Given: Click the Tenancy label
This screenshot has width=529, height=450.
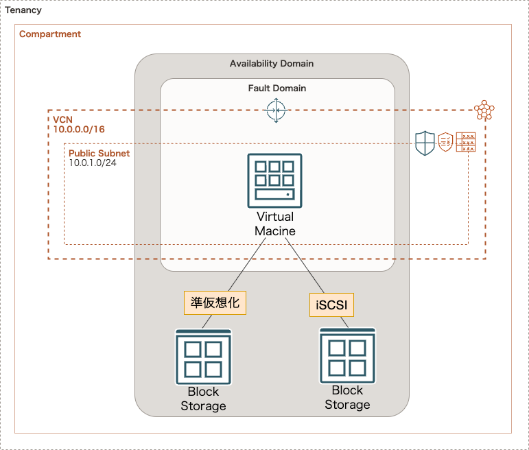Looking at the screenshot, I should tap(23, 11).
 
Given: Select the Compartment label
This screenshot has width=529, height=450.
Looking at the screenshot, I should tap(50, 34).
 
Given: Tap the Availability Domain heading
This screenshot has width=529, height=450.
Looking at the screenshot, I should tap(272, 64).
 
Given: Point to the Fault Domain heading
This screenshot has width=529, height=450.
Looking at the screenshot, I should tap(277, 88).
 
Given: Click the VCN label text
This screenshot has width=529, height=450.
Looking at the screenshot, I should tap(62, 119).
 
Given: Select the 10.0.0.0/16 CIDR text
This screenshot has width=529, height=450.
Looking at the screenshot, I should tap(79, 129).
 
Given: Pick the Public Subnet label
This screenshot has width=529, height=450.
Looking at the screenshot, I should tap(99, 153).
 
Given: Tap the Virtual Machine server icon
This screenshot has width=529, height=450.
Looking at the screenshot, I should tap(274, 180).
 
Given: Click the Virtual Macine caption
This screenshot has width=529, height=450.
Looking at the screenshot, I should tap(275, 224).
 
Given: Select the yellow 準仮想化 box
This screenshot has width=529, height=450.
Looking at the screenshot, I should tap(215, 303).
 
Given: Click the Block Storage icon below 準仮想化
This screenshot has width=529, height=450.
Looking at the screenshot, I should tap(203, 357).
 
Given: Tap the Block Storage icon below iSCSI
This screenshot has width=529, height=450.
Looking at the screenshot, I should tap(347, 355).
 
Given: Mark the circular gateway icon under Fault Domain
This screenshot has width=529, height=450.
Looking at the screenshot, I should tap(276, 110).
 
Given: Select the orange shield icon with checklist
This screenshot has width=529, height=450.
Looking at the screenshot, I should tap(445, 143).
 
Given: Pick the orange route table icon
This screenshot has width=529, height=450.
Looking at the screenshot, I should tap(466, 143).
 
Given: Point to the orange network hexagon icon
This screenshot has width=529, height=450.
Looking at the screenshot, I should tap(484, 110).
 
